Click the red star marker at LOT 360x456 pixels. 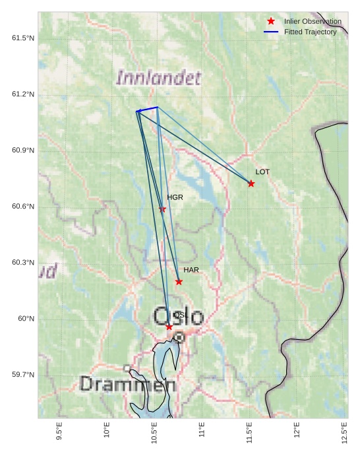(x=251, y=183)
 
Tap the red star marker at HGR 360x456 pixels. (x=163, y=210)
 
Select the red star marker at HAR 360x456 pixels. (x=179, y=282)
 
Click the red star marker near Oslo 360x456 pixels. (x=169, y=327)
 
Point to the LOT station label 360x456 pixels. (x=262, y=172)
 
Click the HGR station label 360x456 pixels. (x=175, y=197)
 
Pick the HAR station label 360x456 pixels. (x=191, y=270)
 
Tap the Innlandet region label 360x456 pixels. (x=158, y=78)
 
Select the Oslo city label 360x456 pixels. (x=179, y=317)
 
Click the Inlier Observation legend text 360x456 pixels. (x=313, y=22)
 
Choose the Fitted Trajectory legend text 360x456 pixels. (x=310, y=32)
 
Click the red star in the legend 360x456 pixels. (x=271, y=22)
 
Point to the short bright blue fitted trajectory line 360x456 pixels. (x=148, y=109)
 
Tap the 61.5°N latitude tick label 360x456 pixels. (x=23, y=38)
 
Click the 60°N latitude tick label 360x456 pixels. (x=26, y=319)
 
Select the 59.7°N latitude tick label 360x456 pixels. (x=23, y=375)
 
